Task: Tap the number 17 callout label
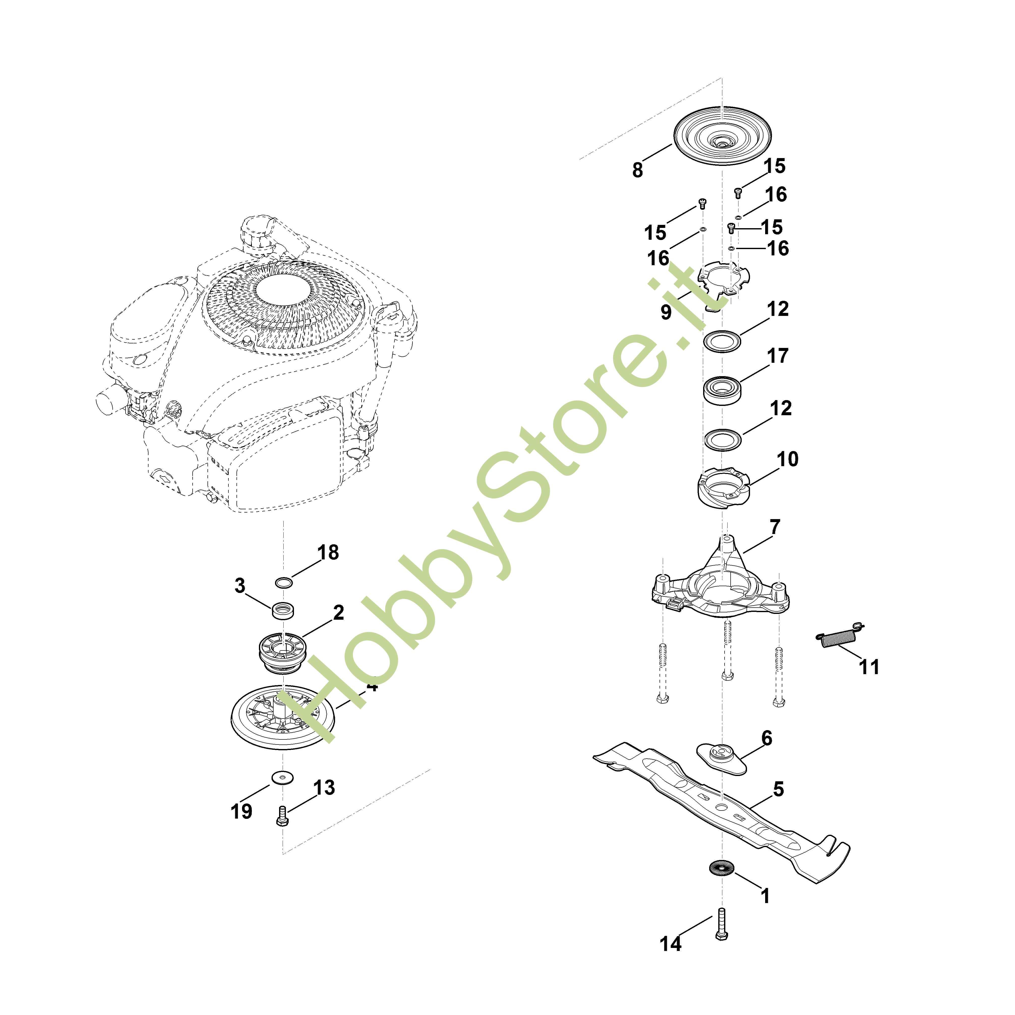click(x=778, y=356)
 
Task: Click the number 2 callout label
click(x=338, y=613)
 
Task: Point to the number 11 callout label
click(x=869, y=667)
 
